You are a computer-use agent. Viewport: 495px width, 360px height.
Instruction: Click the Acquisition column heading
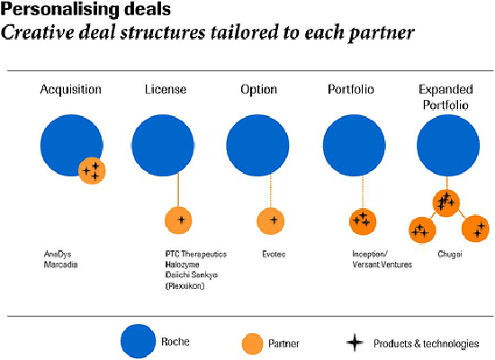click(71, 89)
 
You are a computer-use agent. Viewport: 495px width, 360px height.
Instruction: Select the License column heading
click(166, 89)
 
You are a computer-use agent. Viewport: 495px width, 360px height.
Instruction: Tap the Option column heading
click(259, 90)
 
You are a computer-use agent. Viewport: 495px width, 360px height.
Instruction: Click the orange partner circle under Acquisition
click(92, 170)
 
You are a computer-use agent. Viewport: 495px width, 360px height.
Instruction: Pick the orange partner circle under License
click(179, 220)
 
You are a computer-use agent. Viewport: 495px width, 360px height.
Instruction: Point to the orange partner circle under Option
click(271, 220)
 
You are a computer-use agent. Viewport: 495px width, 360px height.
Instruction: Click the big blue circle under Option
click(257, 145)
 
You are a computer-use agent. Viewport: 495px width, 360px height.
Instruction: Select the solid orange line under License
click(178, 190)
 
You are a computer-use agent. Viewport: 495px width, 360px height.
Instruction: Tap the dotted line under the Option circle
click(271, 192)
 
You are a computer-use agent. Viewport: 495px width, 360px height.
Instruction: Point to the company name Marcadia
click(60, 265)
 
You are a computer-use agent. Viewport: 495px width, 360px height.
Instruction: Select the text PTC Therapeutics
click(196, 254)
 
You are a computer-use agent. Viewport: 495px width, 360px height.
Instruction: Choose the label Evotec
click(274, 254)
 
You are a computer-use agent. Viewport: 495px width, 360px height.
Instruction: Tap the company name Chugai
click(450, 254)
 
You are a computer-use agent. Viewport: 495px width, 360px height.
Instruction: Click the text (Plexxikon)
click(185, 286)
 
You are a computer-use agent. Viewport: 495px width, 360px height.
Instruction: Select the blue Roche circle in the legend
click(139, 341)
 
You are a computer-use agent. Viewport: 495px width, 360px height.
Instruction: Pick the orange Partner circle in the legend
click(253, 344)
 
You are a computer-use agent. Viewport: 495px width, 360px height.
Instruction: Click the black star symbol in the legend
click(355, 343)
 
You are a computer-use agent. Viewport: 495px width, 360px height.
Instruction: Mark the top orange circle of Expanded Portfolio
click(445, 203)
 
